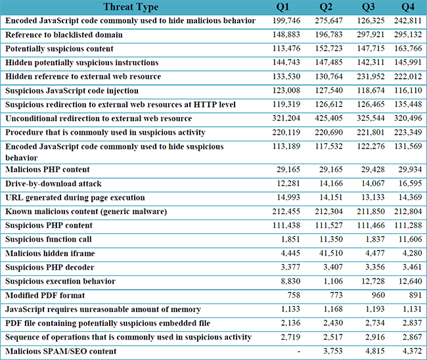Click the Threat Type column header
pos(131,7)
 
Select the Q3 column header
pos(368,7)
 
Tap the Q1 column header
pos(282,7)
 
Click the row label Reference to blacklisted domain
pos(64,35)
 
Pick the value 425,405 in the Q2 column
pos(328,118)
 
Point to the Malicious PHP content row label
pos(47,169)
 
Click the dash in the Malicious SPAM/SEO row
pos(299,351)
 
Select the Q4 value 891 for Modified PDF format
pos(415,295)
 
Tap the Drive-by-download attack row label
pos(53,184)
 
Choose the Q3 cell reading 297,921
pos(371,35)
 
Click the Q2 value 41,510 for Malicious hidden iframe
pos(331,254)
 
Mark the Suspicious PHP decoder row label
pos(50,267)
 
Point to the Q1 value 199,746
pos(286,21)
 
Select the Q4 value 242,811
pos(408,21)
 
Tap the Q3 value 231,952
pos(371,76)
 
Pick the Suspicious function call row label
pos(49,239)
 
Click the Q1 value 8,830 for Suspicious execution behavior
pos(290,281)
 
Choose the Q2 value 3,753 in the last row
pos(333,351)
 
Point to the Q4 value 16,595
pos(410,183)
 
